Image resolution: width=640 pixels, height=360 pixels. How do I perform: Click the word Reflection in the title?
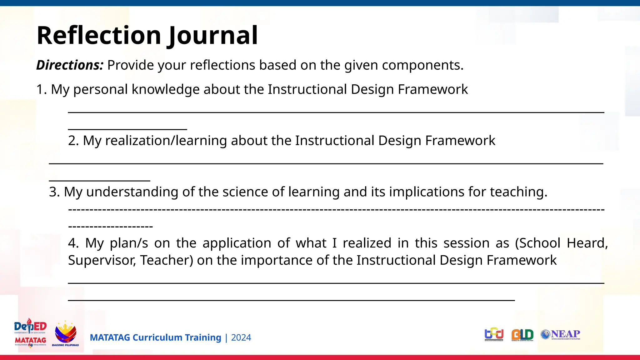pos(99,35)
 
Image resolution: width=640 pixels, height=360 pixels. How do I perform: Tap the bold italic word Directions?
pos(70,65)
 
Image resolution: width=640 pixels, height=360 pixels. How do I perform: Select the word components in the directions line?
pos(422,65)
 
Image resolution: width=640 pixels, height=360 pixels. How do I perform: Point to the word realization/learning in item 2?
pos(166,141)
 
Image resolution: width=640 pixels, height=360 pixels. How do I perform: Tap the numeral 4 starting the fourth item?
pos(73,243)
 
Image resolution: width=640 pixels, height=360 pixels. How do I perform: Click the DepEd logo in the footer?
pos(30,333)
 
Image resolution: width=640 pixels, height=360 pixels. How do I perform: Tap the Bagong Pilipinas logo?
pos(65,334)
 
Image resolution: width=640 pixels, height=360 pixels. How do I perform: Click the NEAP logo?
pos(561,334)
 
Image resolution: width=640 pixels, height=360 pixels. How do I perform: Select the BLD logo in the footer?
pos(522,335)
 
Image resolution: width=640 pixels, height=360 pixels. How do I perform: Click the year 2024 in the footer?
pos(241,338)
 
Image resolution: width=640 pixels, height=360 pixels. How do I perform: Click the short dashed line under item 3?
pos(110,226)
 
